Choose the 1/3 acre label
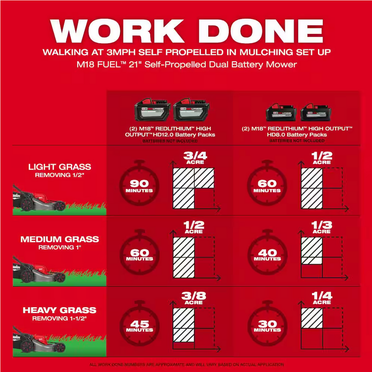[321, 227]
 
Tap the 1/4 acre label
[321, 298]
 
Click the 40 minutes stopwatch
[267, 253]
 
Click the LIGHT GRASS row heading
[60, 166]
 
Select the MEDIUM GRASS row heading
[60, 239]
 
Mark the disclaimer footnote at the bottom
[186, 365]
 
